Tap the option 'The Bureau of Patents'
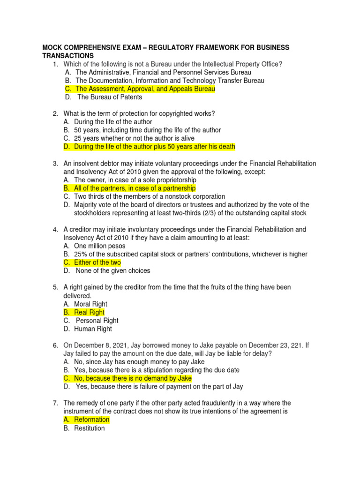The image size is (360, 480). coord(110,97)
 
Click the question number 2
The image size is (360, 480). coord(55,114)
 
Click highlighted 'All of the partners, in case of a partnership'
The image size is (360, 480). coord(135,188)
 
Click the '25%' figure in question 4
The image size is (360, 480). coord(82,254)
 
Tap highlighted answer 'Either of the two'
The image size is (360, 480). coord(97,262)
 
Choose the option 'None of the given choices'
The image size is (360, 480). coord(113,270)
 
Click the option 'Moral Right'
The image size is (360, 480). coord(90,304)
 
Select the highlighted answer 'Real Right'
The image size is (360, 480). coord(89,312)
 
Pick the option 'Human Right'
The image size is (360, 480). coord(93,329)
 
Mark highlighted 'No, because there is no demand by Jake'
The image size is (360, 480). coord(133,378)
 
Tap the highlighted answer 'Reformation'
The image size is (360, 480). coord(91,420)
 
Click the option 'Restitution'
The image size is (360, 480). coord(89,428)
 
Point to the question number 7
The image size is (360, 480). coord(55,403)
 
